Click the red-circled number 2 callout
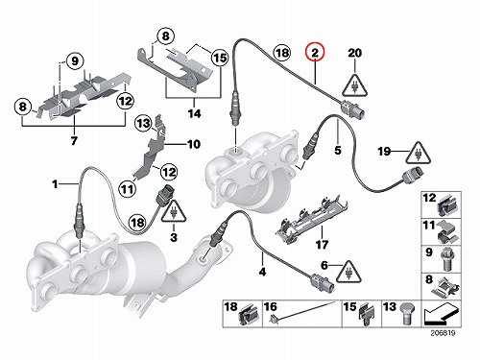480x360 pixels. (x=315, y=53)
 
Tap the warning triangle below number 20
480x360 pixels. (x=354, y=85)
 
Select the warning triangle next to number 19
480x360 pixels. (x=419, y=153)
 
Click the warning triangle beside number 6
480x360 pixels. (x=348, y=272)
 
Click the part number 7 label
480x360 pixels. (x=74, y=140)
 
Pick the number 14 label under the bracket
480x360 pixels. (x=195, y=113)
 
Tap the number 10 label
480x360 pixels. (x=194, y=144)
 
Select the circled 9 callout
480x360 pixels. (x=75, y=60)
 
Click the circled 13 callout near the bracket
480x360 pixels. (x=144, y=123)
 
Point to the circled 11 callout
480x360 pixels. (x=128, y=189)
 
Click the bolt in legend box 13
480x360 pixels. (x=406, y=315)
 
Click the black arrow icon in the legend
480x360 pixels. (x=441, y=314)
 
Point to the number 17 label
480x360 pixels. (x=323, y=245)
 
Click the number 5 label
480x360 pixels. (x=338, y=150)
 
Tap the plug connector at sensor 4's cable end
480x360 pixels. (x=323, y=282)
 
